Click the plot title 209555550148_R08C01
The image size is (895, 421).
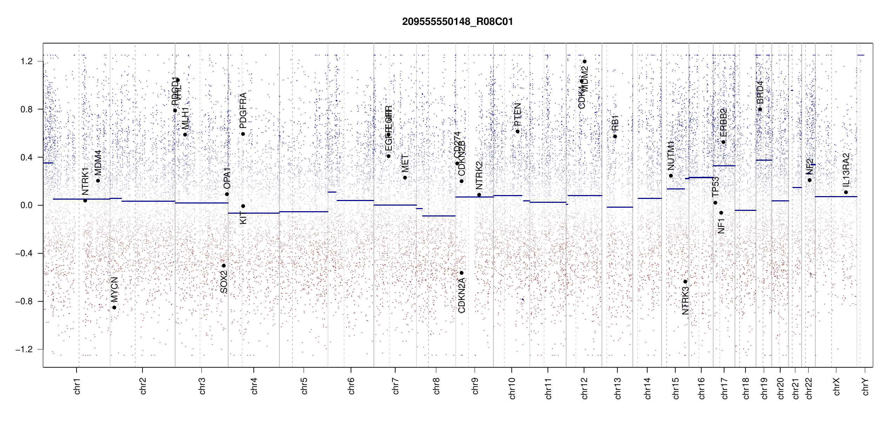(457, 22)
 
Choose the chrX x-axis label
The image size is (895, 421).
(836, 386)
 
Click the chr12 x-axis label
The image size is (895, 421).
(584, 388)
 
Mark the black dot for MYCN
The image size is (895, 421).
(114, 308)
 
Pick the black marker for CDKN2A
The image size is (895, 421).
(462, 273)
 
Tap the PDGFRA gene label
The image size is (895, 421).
(243, 110)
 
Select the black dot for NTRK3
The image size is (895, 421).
(685, 282)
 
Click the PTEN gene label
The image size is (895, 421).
(517, 114)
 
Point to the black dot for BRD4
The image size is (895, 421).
(760, 109)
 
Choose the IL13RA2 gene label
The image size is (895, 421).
(846, 170)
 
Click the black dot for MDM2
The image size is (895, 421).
(584, 62)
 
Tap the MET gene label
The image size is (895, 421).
(405, 163)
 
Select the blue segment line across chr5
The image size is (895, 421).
(304, 212)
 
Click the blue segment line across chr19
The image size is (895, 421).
(764, 160)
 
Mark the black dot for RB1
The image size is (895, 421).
(615, 136)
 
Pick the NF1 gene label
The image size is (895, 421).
(721, 226)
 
